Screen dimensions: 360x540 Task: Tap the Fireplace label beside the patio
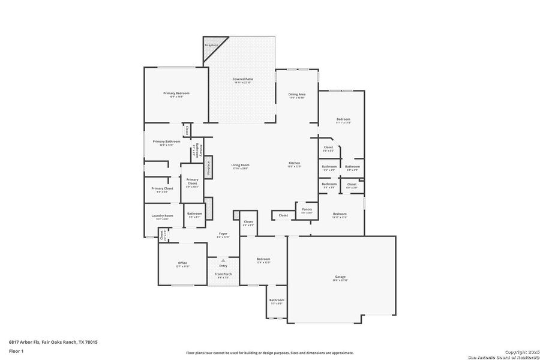click(211, 46)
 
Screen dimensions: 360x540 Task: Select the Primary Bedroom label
click(176, 93)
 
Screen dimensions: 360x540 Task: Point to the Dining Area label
click(298, 94)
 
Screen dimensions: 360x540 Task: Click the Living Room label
click(241, 165)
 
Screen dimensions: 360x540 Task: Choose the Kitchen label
click(294, 163)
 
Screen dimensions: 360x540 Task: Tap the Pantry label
click(307, 210)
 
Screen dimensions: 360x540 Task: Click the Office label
click(182, 263)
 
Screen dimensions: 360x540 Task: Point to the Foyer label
click(223, 233)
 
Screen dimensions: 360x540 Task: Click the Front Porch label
click(223, 274)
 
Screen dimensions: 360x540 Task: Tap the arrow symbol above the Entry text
click(223, 260)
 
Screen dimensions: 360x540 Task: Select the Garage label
click(340, 277)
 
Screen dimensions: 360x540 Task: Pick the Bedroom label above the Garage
click(340, 214)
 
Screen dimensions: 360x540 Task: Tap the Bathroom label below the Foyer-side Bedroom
click(277, 300)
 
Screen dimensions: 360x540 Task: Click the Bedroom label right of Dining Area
click(343, 119)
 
